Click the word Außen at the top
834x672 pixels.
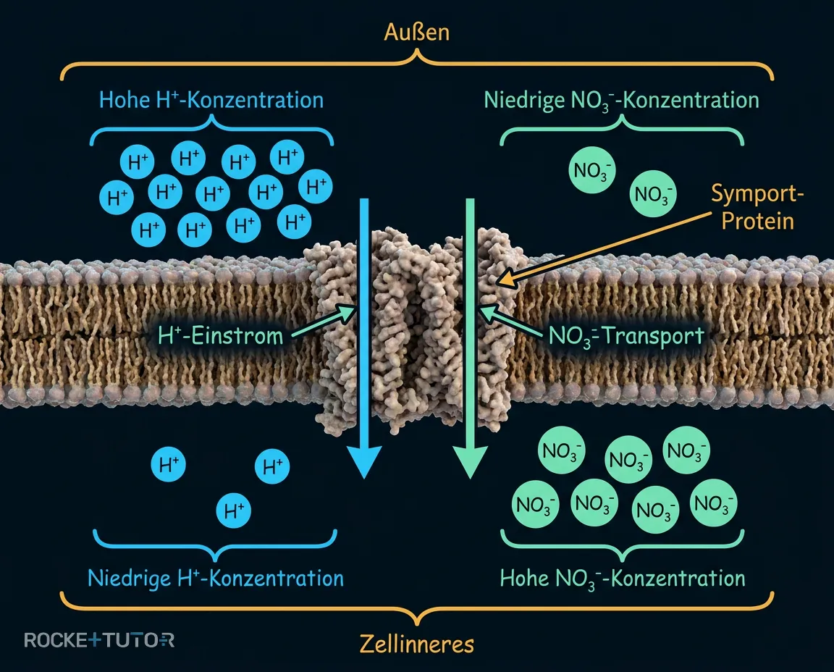pos(416,33)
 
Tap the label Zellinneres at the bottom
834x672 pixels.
pos(417,644)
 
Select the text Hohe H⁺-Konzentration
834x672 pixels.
pos(211,100)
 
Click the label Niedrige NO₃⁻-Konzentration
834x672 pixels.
pos(621,101)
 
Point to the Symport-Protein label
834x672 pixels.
pos(757,207)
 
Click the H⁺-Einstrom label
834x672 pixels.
pos(220,336)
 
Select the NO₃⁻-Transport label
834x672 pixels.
pos(626,336)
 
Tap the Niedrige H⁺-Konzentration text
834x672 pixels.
pos(216,579)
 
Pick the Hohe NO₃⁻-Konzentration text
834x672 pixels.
pos(623,579)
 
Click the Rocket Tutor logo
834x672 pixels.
pos(99,639)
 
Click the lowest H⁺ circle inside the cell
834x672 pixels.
pos(234,511)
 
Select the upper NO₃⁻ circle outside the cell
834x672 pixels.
pos(592,170)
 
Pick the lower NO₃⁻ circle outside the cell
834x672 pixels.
pos(652,193)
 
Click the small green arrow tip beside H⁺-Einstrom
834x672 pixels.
pos(355,307)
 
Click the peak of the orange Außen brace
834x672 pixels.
pos(417,51)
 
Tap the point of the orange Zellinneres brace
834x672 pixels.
pos(417,623)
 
